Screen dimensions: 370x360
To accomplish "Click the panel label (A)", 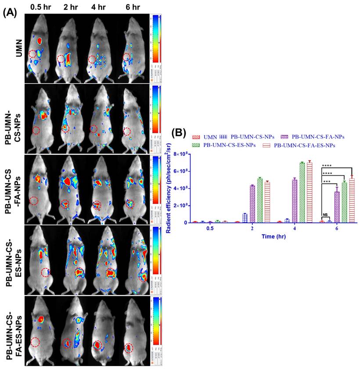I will [10, 13].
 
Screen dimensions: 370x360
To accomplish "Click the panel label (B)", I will [182, 133].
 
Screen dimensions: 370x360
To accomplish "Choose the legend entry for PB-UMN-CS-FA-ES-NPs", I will [307, 145].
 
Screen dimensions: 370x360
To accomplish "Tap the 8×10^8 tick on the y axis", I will [183, 154].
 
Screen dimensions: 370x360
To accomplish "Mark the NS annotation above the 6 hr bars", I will [325, 214].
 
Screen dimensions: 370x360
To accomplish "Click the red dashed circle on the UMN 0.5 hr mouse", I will [33, 54].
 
